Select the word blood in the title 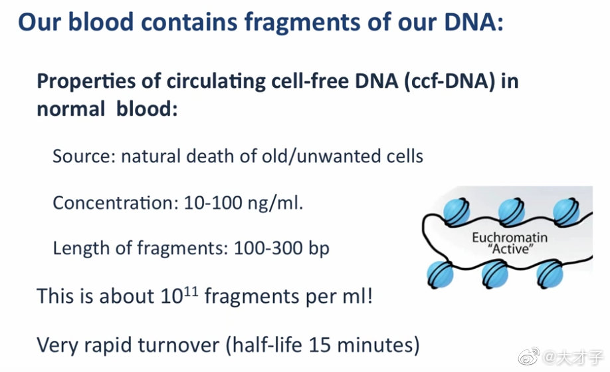[101, 22]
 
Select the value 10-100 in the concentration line [213, 202]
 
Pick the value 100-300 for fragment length [268, 248]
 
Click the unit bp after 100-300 [319, 249]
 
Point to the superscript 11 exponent [191, 291]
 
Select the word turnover [179, 345]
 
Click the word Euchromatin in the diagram [510, 237]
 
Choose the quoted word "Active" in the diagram [510, 248]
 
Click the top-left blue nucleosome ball [457, 212]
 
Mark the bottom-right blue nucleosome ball [550, 274]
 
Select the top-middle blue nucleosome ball [511, 212]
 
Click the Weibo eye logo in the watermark [529, 355]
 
